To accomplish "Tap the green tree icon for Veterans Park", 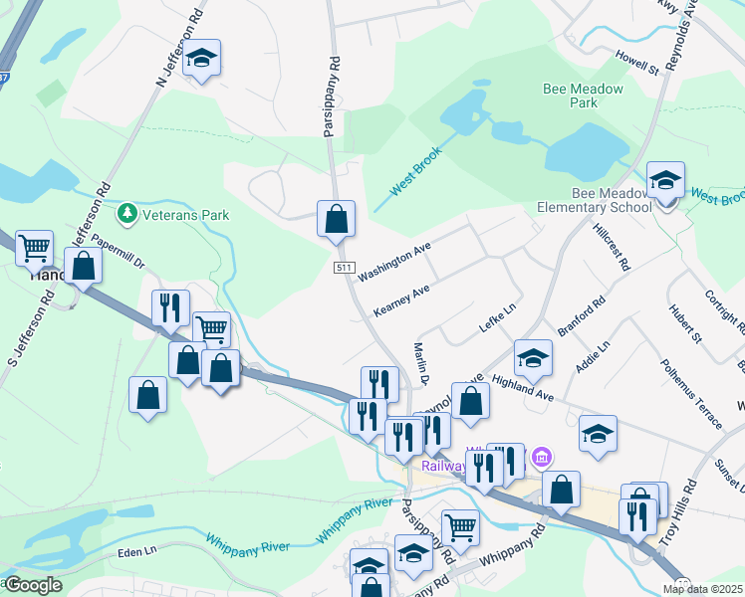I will pos(126,214).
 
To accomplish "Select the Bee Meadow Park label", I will pos(583,96).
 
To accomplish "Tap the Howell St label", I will pos(637,64).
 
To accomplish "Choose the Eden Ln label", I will pos(136,551).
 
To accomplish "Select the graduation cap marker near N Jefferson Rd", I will pos(201,59).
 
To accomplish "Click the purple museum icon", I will pos(541,457).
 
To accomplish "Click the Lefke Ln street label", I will pos(497,319).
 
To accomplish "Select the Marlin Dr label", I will pos(420,364).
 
